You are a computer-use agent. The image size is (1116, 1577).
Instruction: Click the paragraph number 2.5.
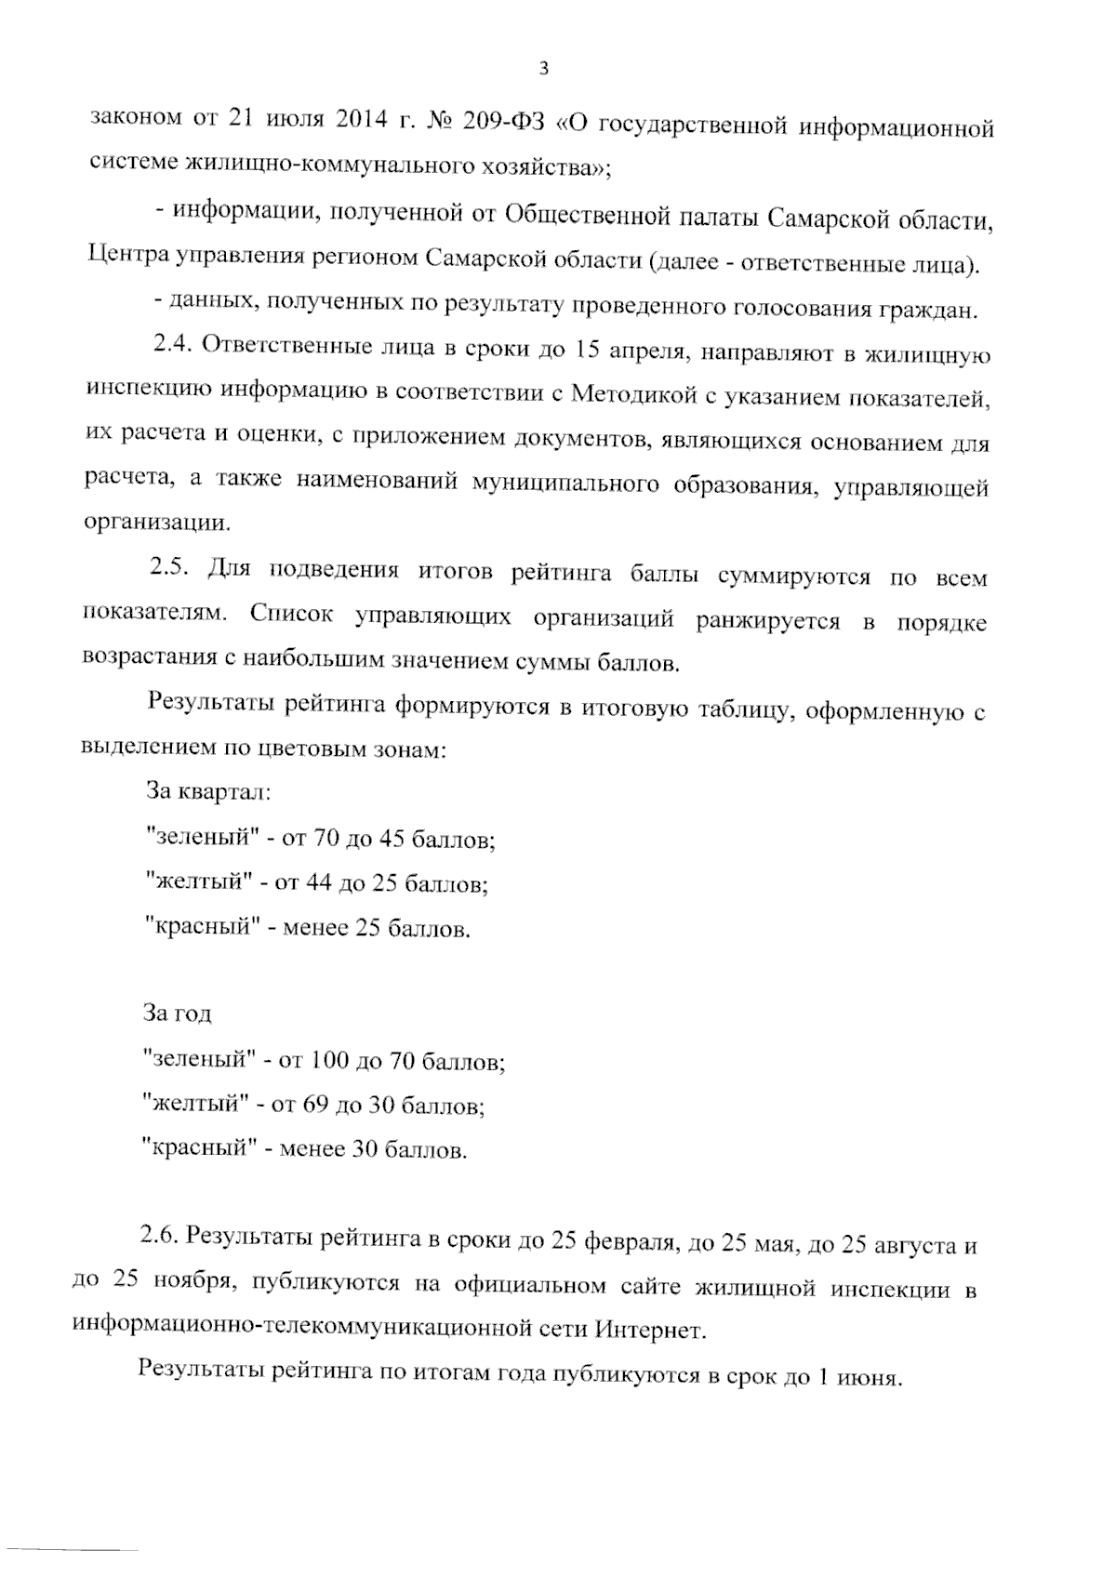point(171,567)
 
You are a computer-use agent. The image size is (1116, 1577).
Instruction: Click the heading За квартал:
point(208,792)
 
